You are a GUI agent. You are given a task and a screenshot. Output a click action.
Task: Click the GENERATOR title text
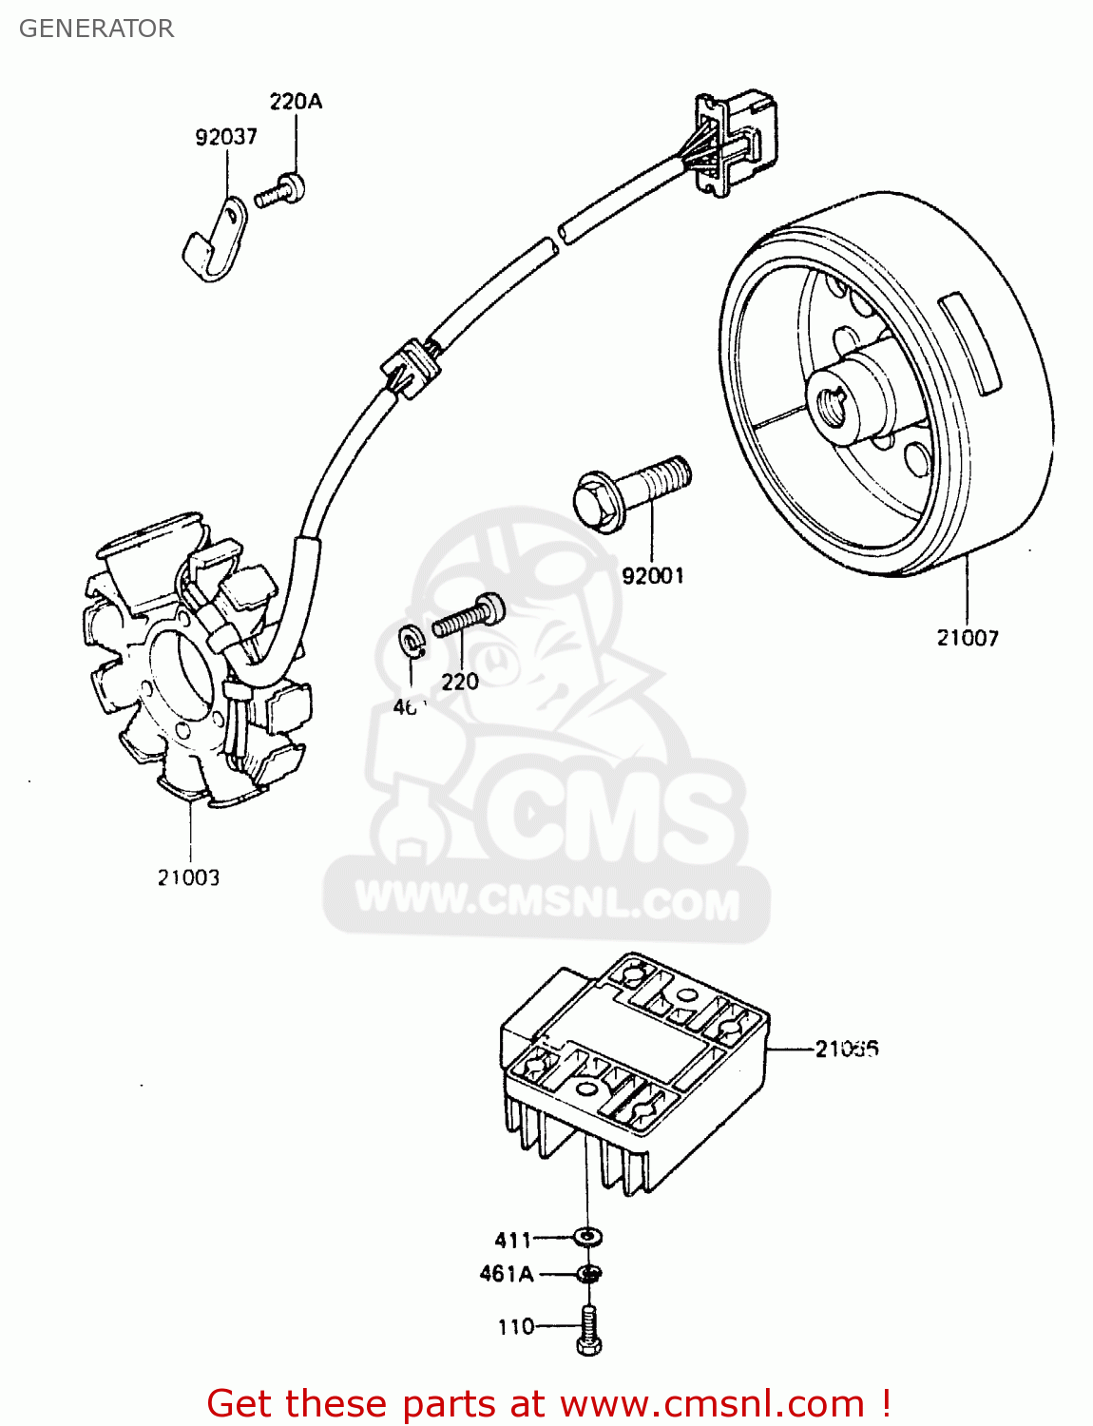click(96, 29)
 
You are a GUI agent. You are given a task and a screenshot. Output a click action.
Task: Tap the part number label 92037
click(226, 137)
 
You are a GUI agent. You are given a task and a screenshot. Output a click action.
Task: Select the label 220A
click(296, 101)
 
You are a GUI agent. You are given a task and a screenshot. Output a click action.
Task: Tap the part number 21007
click(968, 638)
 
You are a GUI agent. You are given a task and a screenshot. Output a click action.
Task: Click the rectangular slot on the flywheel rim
click(969, 343)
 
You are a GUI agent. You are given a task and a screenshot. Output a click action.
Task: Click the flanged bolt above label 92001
click(630, 491)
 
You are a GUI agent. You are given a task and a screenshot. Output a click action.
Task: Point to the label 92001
click(653, 575)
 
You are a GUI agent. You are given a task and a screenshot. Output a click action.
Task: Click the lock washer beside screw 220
click(412, 642)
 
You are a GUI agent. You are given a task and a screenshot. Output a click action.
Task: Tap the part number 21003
click(188, 877)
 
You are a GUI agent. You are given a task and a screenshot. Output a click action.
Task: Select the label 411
click(513, 1240)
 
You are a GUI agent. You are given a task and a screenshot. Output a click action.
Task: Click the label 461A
click(507, 1274)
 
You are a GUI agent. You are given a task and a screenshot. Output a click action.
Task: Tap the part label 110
click(516, 1326)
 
